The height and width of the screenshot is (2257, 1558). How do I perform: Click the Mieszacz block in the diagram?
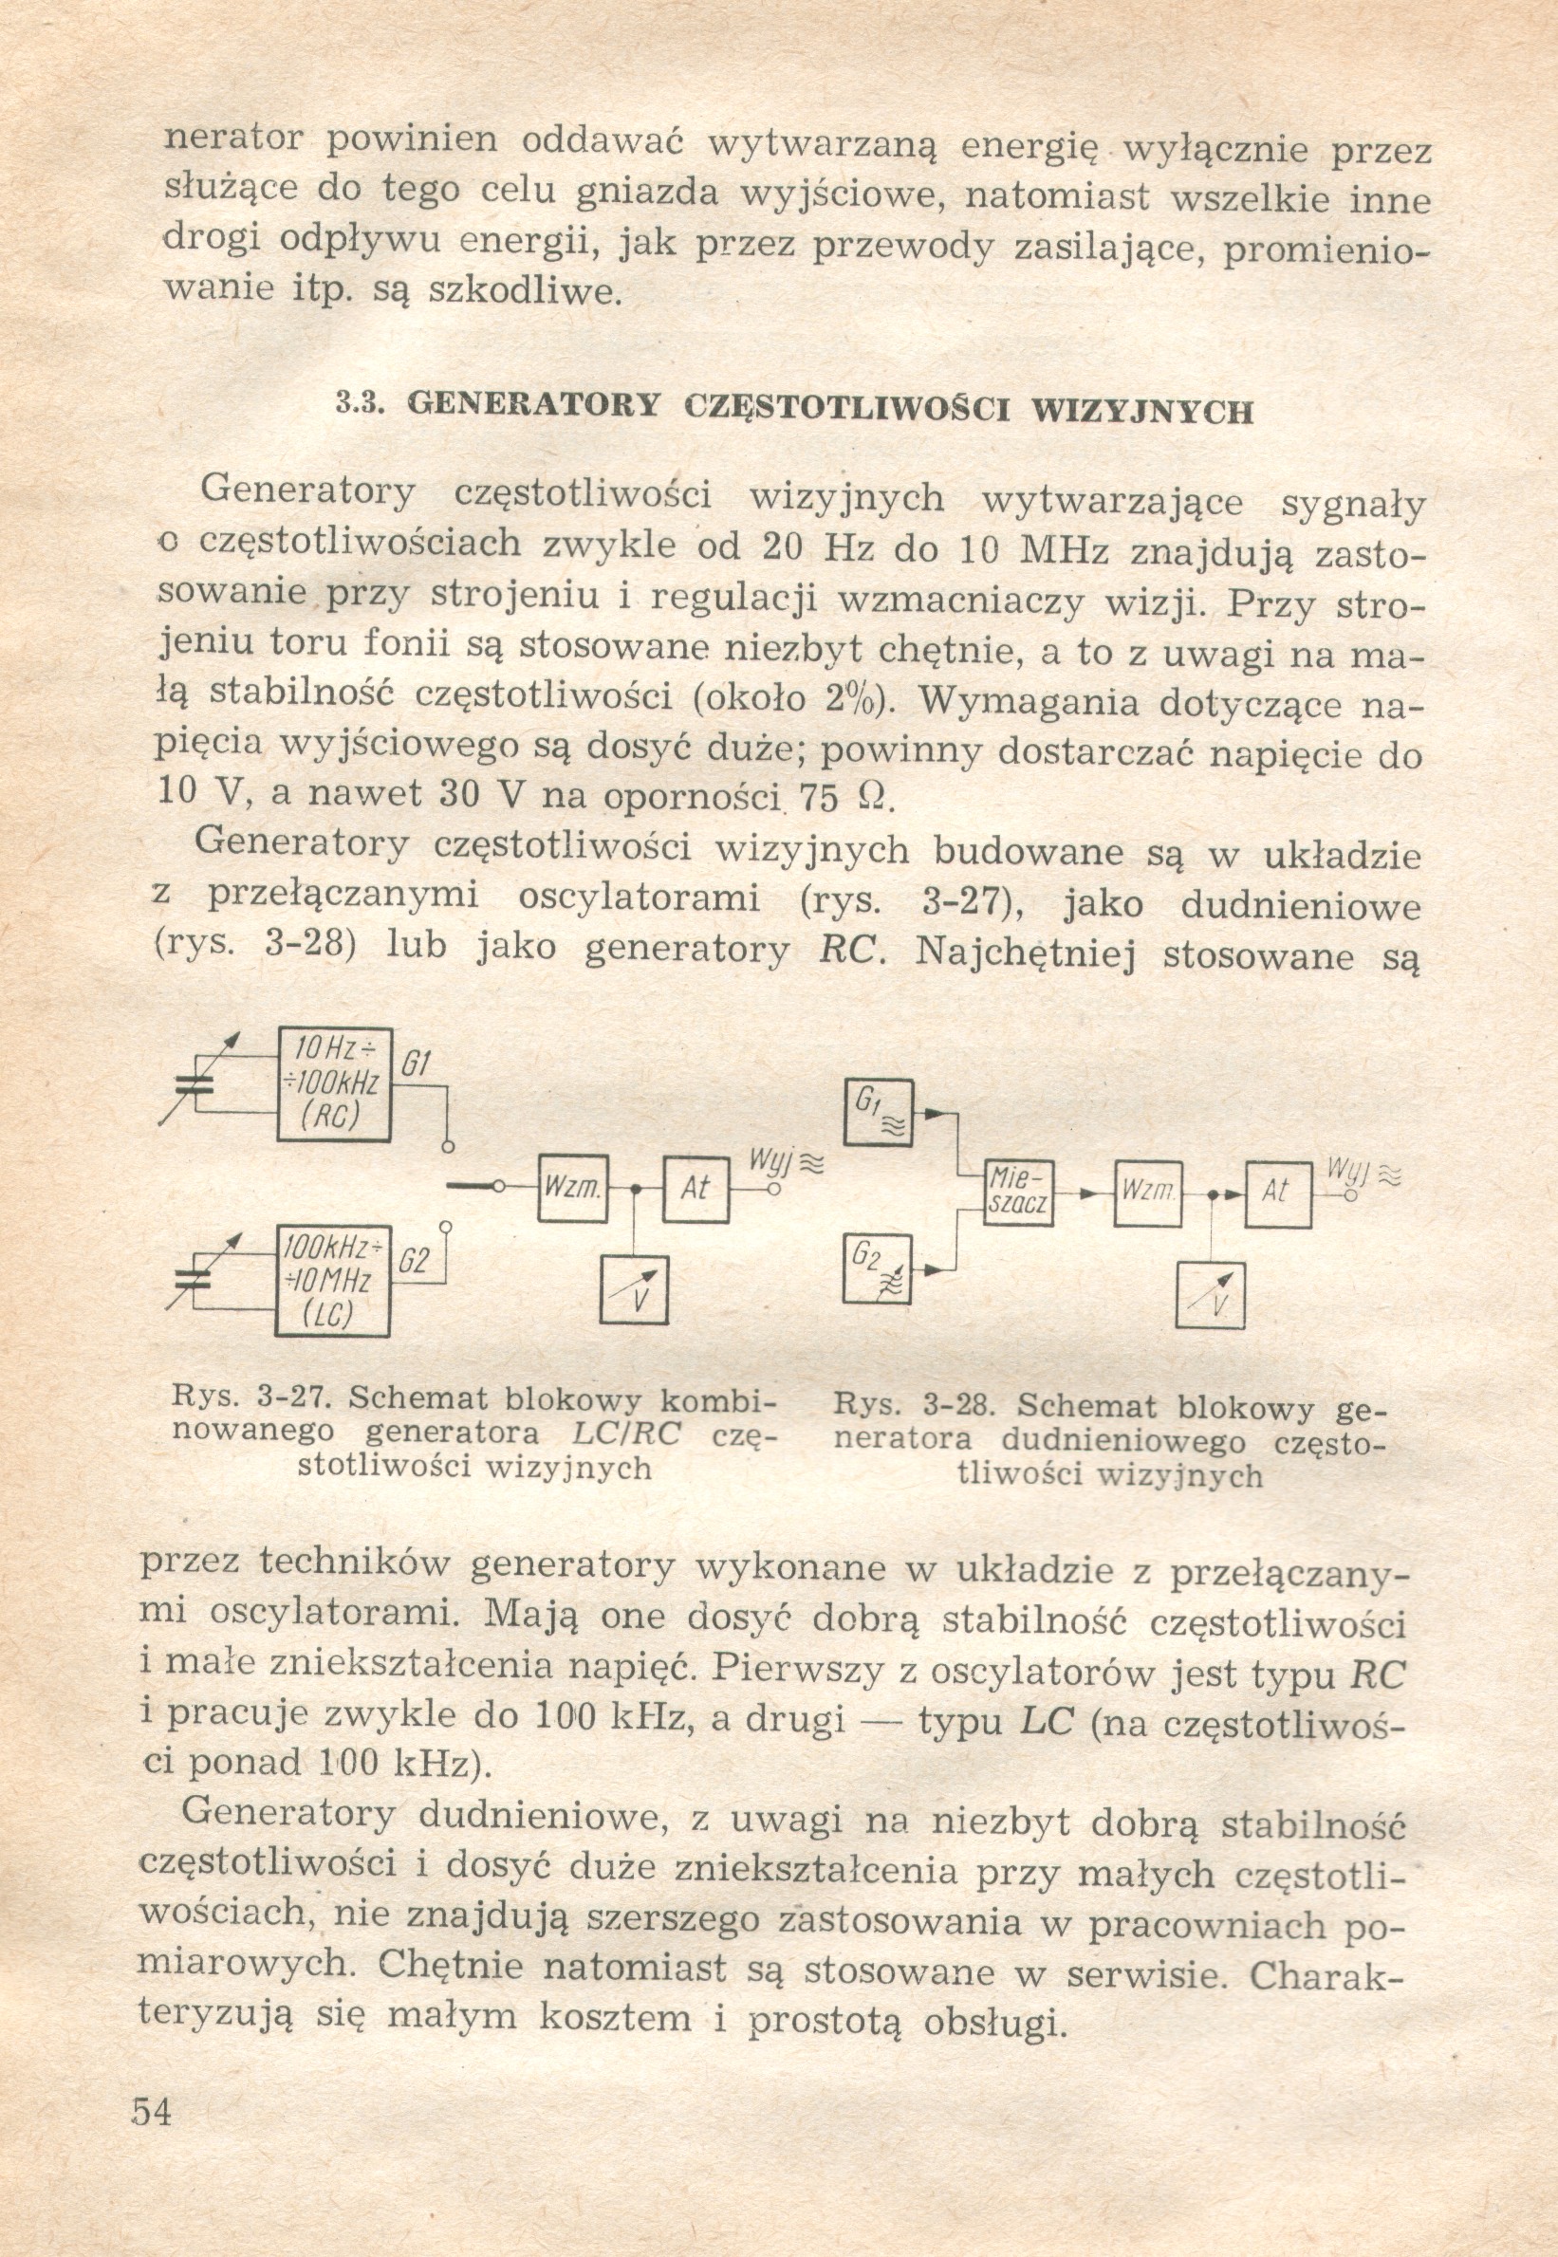click(x=1018, y=1194)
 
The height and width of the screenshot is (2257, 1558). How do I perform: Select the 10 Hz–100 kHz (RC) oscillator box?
click(x=334, y=1083)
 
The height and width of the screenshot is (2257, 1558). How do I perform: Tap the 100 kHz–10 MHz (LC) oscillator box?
click(x=334, y=1280)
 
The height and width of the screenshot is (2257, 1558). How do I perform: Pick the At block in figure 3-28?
click(x=1277, y=1193)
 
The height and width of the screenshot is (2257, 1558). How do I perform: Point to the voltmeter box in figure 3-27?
click(x=635, y=1290)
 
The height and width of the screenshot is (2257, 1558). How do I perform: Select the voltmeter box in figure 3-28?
click(x=1211, y=1294)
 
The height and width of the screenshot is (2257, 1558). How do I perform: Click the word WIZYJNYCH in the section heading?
click(x=1142, y=410)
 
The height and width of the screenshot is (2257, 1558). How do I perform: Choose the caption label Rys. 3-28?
click(x=913, y=1406)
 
